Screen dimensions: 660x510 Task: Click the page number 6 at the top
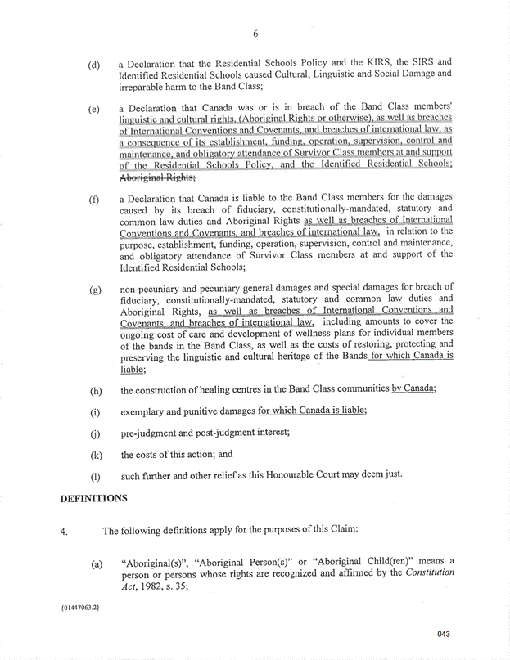pos(255,34)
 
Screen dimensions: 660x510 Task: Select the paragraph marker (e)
pos(93,108)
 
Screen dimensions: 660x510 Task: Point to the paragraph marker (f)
pos(93,200)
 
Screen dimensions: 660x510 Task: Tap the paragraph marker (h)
pos(93,389)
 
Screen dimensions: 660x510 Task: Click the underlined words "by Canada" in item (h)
pos(413,388)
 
